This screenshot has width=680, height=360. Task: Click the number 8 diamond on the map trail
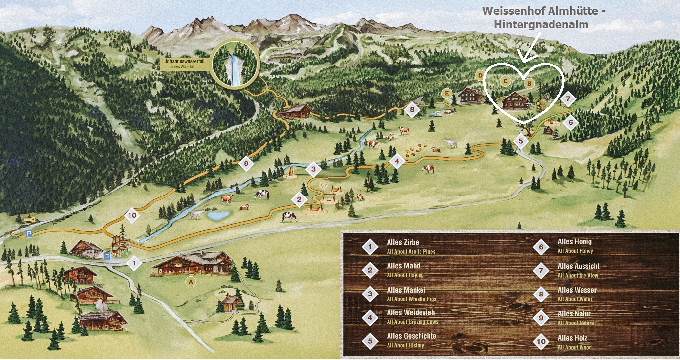pyautogui.click(x=412, y=109)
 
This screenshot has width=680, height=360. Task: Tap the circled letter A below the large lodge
pyautogui.click(x=190, y=282)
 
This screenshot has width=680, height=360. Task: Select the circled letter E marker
pyautogui.click(x=447, y=93)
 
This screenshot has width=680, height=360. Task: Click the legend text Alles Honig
pyautogui.click(x=575, y=242)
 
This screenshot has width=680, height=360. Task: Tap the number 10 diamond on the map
pyautogui.click(x=131, y=215)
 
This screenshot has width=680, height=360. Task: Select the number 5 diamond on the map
pyautogui.click(x=521, y=141)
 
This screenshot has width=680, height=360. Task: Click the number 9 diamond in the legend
pyautogui.click(x=541, y=318)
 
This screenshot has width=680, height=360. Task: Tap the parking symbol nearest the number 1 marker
pyautogui.click(x=107, y=256)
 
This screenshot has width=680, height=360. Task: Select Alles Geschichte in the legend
pyautogui.click(x=411, y=336)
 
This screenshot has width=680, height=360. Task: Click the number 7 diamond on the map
pyautogui.click(x=568, y=98)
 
